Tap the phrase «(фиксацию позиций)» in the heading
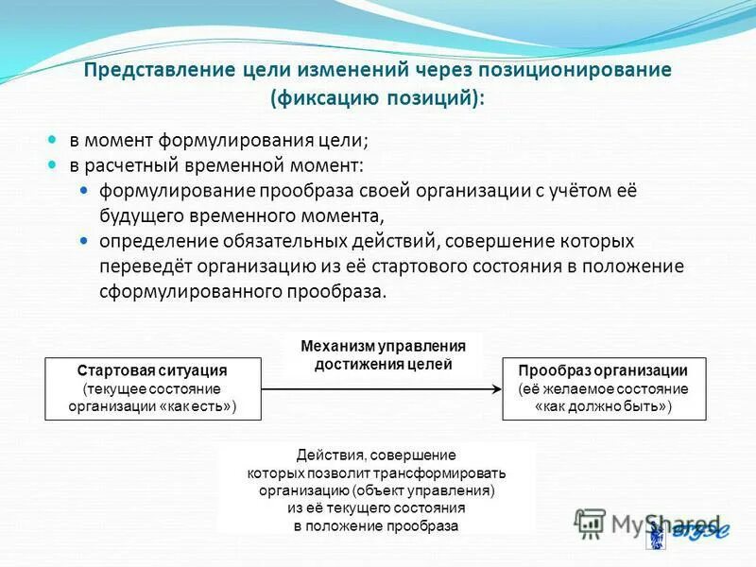[377, 97]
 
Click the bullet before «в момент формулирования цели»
[54, 139]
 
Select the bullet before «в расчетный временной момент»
[54, 164]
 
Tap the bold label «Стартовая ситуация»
[152, 371]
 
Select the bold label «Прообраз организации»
[604, 371]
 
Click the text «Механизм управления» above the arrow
[384, 346]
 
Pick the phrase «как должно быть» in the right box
[604, 406]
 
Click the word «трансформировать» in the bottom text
[447, 473]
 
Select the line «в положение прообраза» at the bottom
[376, 525]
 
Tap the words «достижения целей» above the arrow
[384, 364]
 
